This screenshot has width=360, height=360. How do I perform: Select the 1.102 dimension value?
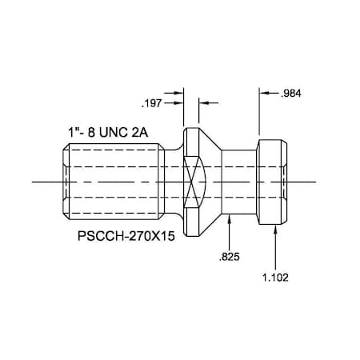[x=275, y=278]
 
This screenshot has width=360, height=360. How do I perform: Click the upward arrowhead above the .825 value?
[x=230, y=220]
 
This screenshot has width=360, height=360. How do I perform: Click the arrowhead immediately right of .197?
[x=180, y=103]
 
